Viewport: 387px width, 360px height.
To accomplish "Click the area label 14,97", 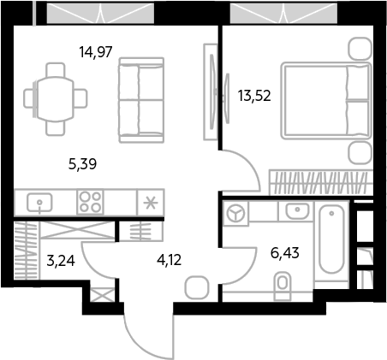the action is [96, 52].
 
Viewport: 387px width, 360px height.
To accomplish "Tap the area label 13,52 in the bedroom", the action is [254, 96].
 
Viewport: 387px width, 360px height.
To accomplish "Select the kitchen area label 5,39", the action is [82, 164].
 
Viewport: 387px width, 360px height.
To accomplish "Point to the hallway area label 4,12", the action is [169, 260].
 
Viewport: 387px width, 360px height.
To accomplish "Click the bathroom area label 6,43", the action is [285, 253].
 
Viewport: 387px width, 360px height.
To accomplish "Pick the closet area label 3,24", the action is [61, 261].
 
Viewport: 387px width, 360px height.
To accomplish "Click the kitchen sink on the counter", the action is [39, 203].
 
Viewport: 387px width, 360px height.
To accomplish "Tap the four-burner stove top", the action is [90, 203].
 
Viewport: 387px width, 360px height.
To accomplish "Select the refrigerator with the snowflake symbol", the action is [151, 203].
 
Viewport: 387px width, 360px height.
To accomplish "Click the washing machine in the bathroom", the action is [235, 213].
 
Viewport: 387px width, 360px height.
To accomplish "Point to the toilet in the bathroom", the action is [283, 286].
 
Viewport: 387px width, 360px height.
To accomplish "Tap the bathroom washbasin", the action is [297, 211].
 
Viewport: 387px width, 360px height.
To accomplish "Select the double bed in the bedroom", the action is [326, 101].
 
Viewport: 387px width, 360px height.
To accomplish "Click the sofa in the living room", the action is [141, 100].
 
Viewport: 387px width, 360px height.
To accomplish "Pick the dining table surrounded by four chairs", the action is [56, 99].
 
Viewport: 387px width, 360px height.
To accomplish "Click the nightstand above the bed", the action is [360, 49].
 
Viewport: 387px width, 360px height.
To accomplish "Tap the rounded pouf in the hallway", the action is [197, 287].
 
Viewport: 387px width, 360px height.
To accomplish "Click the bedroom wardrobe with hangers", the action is [321, 183].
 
